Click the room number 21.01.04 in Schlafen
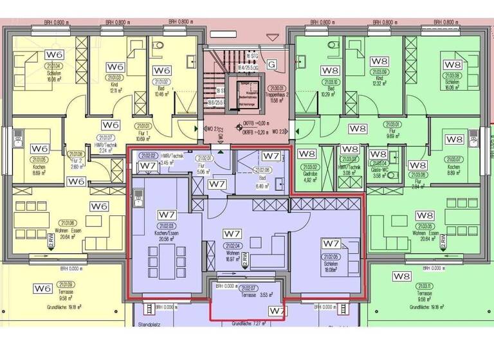coord(53,66)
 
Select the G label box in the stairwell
coord(271,64)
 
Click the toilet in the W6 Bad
coord(158,45)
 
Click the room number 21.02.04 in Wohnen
coord(233,246)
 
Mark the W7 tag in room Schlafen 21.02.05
coord(331,244)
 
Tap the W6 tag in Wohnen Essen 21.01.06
coord(98,206)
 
